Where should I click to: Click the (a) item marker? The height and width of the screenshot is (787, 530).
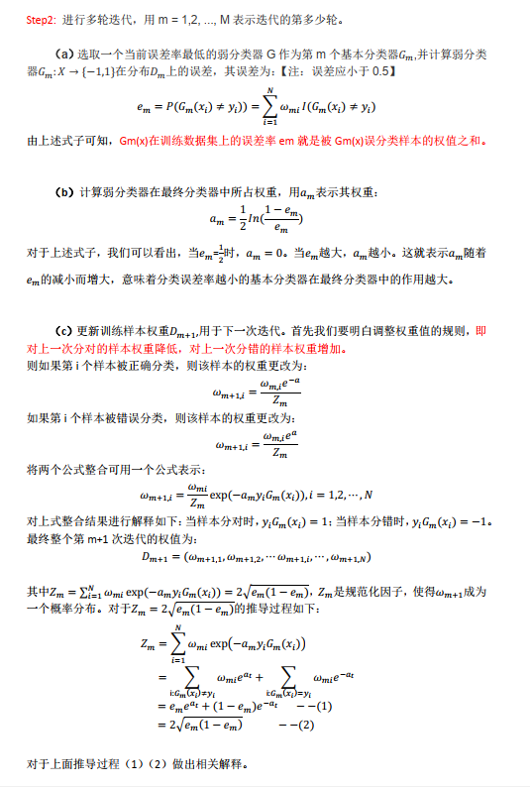tap(67, 52)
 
